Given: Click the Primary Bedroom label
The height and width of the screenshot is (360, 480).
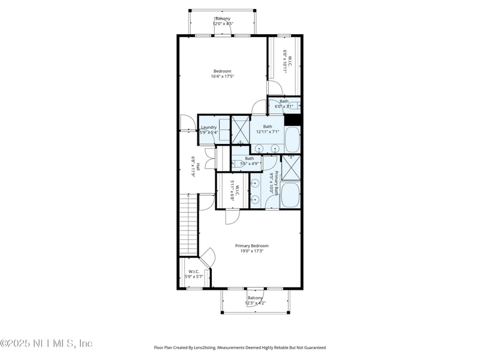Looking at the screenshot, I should coord(251,245).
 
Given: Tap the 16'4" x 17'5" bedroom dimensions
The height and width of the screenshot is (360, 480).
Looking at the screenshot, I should coord(222,76).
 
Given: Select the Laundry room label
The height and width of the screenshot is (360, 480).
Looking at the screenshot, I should coord(209,127).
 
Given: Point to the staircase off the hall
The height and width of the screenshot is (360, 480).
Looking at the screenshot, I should coord(189,225).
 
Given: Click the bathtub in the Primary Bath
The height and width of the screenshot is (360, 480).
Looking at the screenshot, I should coord(290,196).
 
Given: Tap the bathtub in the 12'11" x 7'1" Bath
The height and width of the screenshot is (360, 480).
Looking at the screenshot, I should coord(292,140).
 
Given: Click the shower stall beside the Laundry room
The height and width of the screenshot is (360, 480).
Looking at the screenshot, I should coord(240,130).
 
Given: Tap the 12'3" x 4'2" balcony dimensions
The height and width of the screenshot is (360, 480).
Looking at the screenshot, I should coord(255,303).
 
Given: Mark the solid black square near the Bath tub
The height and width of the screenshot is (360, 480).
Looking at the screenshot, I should coord(292,119).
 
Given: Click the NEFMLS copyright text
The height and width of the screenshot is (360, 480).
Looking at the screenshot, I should coord(47,344).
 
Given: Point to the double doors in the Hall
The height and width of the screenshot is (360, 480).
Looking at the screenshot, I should coord(209,161).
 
